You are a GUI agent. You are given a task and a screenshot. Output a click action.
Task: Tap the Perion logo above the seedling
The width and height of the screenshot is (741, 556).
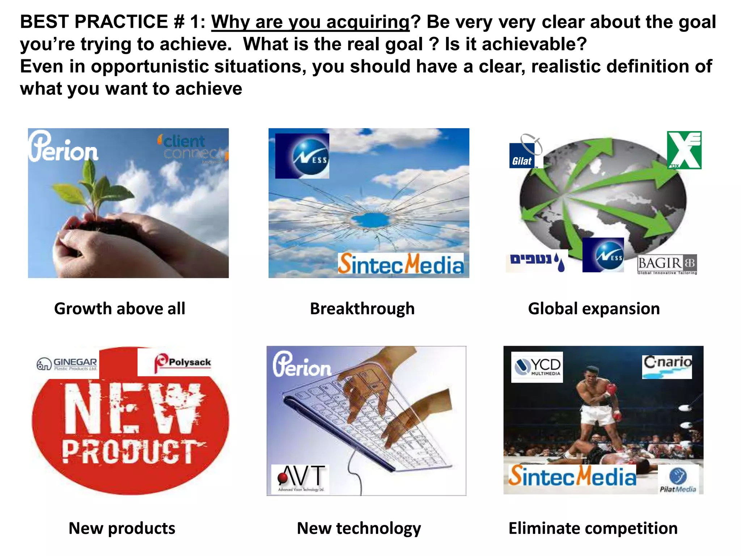point(63,147)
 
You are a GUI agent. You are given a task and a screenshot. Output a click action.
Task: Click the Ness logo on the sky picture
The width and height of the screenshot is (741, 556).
point(302,156)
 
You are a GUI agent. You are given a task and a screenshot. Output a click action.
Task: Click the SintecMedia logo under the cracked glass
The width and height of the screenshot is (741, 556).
point(401,264)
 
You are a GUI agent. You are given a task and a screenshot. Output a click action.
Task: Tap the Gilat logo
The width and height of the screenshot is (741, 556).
point(522,156)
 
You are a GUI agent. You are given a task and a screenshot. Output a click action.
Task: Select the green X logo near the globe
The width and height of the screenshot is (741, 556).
point(684,150)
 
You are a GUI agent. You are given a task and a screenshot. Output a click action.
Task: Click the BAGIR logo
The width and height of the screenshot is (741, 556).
point(667,265)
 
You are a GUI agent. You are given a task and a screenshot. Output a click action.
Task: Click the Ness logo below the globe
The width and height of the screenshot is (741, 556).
point(603,255)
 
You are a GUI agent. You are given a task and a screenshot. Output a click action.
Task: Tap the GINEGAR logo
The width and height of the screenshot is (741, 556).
point(67,364)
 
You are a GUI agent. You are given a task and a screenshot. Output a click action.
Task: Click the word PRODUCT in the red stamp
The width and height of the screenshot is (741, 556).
point(130,451)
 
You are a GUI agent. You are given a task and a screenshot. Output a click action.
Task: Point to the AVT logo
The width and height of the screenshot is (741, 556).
point(300,479)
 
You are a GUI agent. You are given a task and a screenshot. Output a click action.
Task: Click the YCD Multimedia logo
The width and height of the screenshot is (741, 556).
point(537,367)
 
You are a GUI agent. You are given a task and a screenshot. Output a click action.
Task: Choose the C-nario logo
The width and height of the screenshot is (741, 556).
point(667,366)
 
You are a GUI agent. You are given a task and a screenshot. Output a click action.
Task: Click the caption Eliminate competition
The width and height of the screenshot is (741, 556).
point(593,528)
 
